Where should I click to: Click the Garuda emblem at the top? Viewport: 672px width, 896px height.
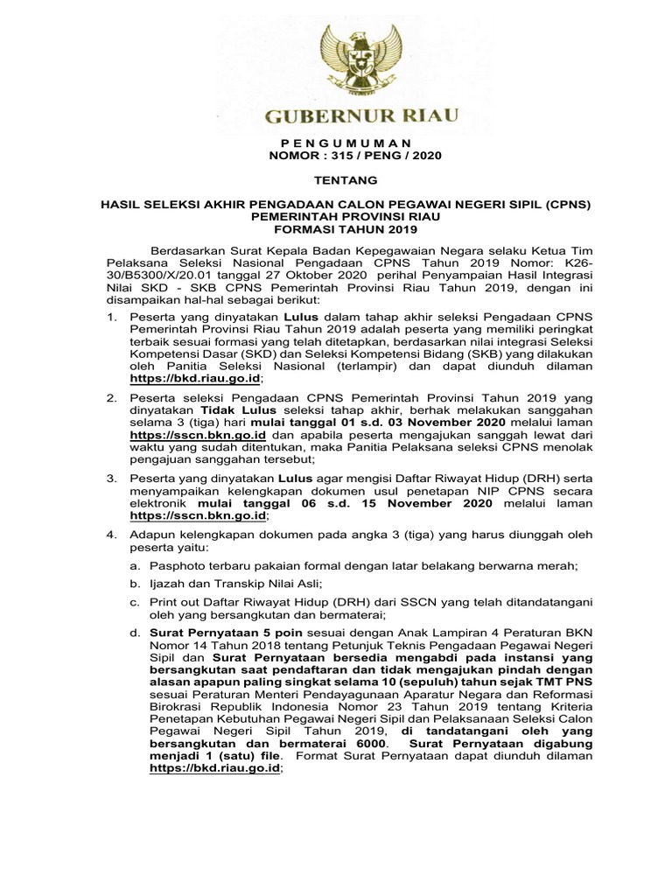349,61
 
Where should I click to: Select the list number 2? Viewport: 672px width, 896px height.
111,397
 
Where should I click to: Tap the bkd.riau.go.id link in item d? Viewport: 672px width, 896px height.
216,767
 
